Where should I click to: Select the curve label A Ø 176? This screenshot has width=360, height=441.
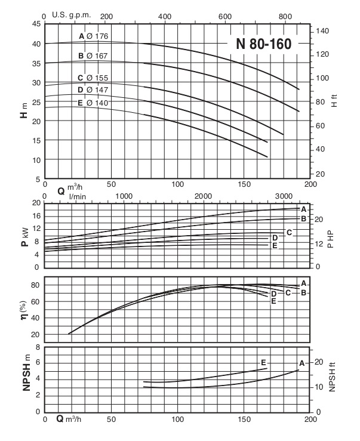click(x=93, y=36)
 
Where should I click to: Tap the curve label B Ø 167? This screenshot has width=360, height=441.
click(x=93, y=56)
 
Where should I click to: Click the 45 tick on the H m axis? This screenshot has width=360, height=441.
click(x=36, y=24)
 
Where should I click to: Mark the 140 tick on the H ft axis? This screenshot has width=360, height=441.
click(x=322, y=30)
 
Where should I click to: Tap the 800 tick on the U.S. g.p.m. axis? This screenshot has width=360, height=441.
click(x=285, y=16)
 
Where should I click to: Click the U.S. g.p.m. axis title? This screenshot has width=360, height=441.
click(x=67, y=16)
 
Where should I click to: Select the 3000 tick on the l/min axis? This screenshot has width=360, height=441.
click(x=282, y=197)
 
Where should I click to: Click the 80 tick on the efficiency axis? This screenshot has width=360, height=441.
click(x=36, y=285)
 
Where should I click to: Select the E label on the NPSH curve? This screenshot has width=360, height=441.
click(x=263, y=362)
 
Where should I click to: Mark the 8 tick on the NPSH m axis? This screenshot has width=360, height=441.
click(x=38, y=347)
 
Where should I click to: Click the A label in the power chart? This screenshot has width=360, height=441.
click(x=303, y=209)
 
